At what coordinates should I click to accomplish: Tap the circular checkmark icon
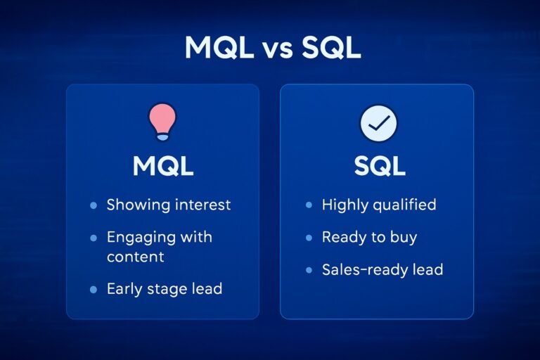coord(378,123)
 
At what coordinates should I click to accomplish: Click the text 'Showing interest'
coord(168,205)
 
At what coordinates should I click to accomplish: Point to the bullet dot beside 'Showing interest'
coord(94,206)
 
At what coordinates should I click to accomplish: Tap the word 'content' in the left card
coord(135,257)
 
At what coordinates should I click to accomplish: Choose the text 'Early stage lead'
coord(163,288)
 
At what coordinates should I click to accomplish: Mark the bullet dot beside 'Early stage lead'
coord(94,289)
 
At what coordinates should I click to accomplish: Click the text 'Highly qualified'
coord(379,205)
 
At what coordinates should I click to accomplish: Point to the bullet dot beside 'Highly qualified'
coord(309,206)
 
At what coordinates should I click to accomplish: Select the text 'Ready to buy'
coord(369,238)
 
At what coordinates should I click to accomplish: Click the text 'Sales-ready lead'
coord(382,269)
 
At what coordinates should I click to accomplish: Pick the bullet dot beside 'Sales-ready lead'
coord(309,270)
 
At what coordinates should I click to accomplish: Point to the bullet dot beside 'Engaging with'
coord(94,238)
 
